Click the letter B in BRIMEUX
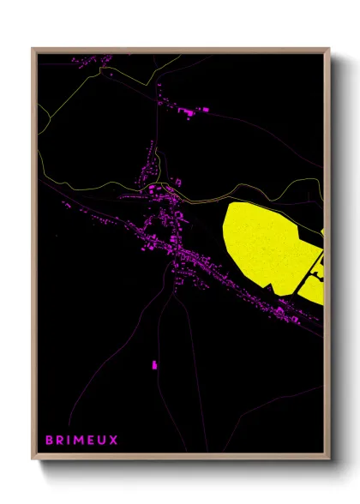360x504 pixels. tap(49, 439)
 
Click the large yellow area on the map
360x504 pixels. tap(261, 244)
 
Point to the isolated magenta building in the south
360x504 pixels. tap(155, 365)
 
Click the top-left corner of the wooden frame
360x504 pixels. tap(33, 49)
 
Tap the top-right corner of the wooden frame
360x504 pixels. tap(328, 49)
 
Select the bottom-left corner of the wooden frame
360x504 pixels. tap(33, 460)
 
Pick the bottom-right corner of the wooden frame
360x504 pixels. tap(328, 460)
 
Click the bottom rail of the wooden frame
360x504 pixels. tap(180, 459)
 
